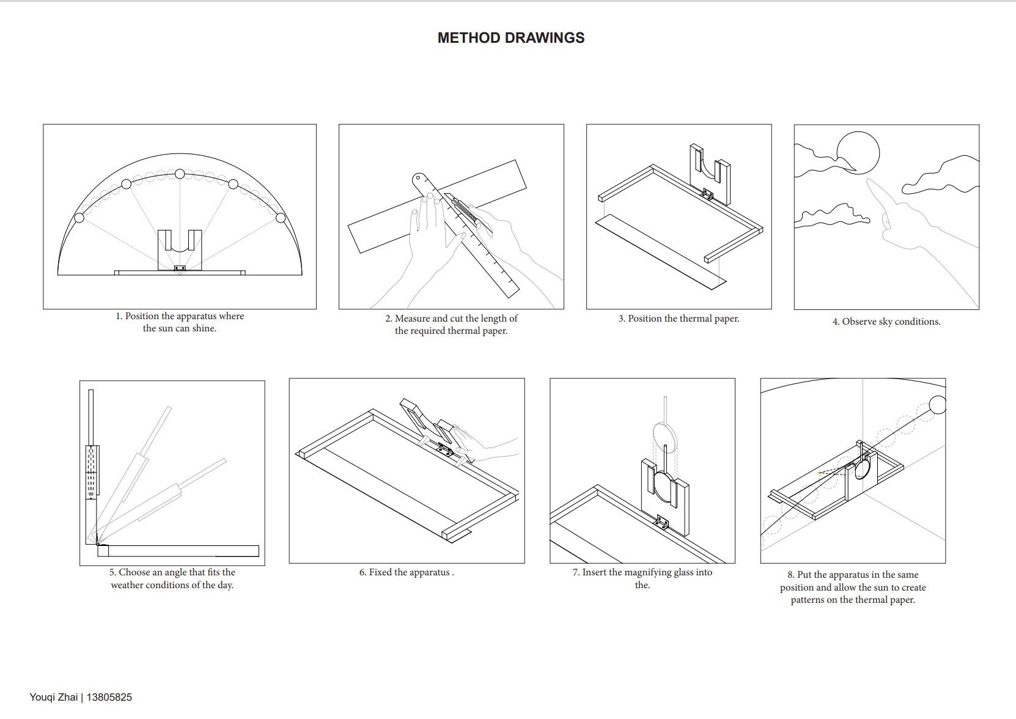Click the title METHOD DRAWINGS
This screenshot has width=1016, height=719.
[x=510, y=38]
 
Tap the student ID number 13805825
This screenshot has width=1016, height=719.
[x=109, y=697]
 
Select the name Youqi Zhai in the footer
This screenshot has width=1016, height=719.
[x=54, y=697]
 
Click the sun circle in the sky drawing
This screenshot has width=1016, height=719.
[x=858, y=153]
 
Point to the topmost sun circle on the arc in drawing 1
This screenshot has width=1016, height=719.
[x=180, y=174]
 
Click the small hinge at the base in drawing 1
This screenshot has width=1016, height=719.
[x=180, y=268]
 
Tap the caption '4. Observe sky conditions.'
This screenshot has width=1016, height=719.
[x=886, y=322]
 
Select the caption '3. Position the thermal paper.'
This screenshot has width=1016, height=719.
[x=679, y=319]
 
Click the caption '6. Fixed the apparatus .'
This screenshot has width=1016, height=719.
[x=407, y=572]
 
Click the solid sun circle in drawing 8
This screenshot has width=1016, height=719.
[x=938, y=405]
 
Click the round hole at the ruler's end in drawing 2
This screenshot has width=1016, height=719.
[x=418, y=179]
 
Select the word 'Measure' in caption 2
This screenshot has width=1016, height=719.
[x=411, y=319]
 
